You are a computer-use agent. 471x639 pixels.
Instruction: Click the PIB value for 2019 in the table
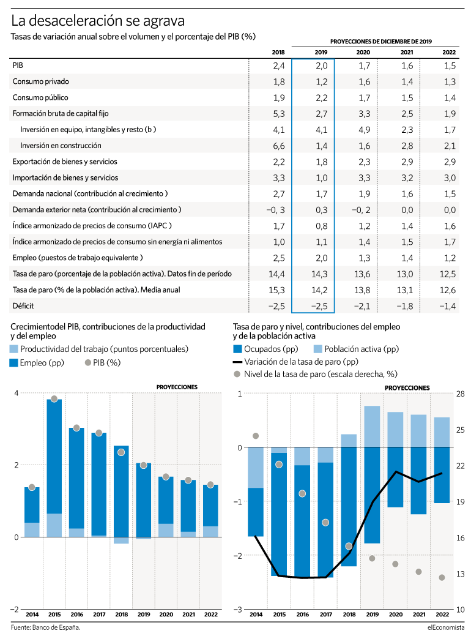point(322,65)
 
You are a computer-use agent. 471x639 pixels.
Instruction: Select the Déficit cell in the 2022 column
point(447,306)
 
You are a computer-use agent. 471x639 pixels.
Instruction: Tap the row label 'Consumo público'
point(40,97)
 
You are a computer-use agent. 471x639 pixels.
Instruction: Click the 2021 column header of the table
point(407,52)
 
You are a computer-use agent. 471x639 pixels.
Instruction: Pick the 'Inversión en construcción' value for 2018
point(279,146)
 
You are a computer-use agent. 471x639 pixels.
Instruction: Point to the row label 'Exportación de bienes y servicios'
point(65,162)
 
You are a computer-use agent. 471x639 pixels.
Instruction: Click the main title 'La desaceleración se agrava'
point(98,20)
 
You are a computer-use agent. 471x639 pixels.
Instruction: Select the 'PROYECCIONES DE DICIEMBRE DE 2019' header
point(381,41)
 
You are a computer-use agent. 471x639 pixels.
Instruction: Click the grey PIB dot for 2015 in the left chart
point(54,398)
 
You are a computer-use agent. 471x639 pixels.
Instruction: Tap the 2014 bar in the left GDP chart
point(32,512)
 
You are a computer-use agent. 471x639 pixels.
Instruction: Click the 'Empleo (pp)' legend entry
point(37,363)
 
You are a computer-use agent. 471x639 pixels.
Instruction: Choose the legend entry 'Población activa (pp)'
point(357,349)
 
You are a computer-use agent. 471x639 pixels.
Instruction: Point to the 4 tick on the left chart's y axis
point(17,393)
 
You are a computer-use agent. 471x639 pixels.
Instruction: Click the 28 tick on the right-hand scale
point(461,394)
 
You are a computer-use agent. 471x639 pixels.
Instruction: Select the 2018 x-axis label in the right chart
point(349,614)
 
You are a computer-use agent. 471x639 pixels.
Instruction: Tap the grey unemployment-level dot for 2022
point(442,577)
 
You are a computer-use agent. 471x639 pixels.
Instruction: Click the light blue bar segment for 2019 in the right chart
point(372,426)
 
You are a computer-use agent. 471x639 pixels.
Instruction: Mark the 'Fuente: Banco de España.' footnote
point(46,627)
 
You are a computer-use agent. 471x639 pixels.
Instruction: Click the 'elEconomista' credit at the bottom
point(446,627)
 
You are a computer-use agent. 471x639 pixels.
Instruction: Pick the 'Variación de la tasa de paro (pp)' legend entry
point(295,362)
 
